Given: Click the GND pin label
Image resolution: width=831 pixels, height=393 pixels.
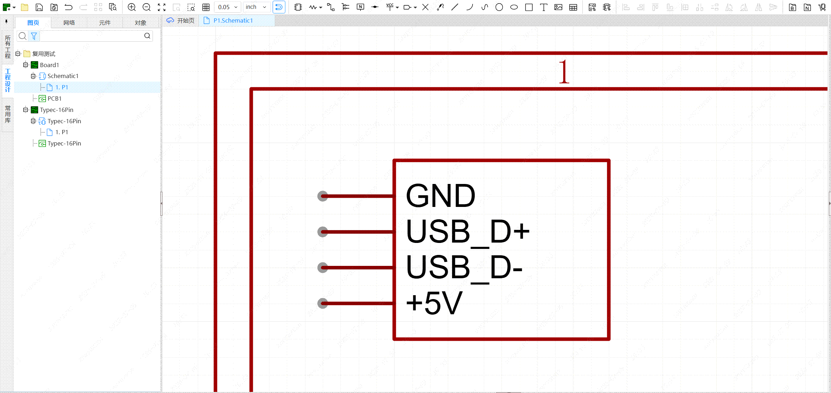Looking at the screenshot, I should pos(440,196).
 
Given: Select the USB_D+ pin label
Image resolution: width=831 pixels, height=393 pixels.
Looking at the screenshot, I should pos(468,232).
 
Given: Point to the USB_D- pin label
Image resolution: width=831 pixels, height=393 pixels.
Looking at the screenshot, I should pos(464,268).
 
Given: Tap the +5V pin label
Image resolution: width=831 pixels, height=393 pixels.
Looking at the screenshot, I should pos(434,303).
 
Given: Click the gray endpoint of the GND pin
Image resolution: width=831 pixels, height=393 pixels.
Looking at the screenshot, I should pos(322,196).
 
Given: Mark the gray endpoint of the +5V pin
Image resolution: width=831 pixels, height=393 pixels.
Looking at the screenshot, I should pos(322,303).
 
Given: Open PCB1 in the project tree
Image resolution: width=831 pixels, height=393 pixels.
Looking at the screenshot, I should pos(54,99).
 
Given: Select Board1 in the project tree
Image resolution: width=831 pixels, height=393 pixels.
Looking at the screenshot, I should pos(49,65).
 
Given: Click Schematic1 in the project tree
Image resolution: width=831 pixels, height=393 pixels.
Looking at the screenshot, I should pos(63,76).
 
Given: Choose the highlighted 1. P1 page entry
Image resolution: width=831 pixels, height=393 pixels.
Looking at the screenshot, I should pos(61,87).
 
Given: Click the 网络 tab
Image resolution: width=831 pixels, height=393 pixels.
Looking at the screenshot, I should pos(69,23).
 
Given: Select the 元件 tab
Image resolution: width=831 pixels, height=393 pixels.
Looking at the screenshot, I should pos(105,23).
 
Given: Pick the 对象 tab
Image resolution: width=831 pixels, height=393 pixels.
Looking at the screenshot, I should pos(140,23).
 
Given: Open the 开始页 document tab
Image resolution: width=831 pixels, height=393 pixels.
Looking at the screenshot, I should pos(185,21).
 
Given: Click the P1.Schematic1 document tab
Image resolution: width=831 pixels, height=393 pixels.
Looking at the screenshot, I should pos(233,21).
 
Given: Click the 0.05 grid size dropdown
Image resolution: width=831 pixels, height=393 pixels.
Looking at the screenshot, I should pos(227,7).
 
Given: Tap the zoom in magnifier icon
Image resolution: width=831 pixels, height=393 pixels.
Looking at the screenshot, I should pos(132,7).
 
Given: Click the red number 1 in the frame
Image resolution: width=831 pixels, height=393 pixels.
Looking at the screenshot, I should pos(564,72).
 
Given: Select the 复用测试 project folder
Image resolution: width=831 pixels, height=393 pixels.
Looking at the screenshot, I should pos(43,54).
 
